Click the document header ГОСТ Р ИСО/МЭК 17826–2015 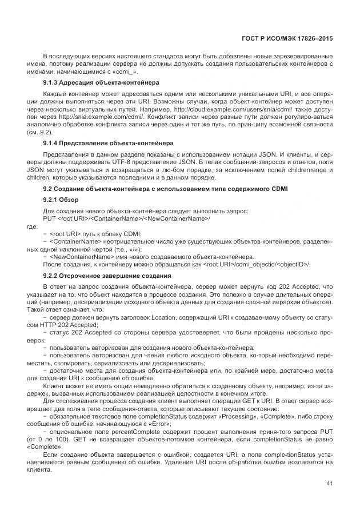click(x=284, y=38)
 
